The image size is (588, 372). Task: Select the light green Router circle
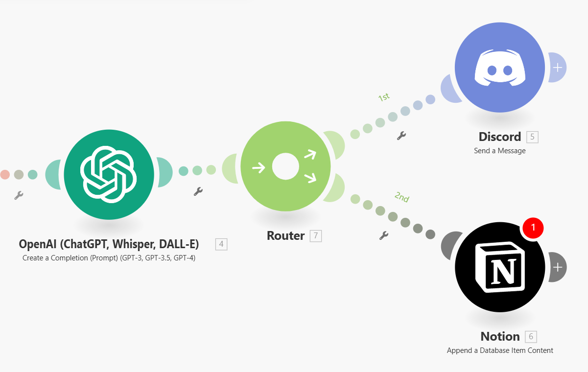click(x=285, y=167)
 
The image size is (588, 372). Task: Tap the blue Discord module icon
click(x=499, y=68)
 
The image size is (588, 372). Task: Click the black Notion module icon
click(x=499, y=267)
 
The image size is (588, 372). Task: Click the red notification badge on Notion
click(x=533, y=227)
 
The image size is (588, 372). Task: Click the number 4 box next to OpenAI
click(x=221, y=244)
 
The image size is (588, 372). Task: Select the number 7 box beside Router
click(x=316, y=236)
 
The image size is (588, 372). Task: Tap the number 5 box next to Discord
click(x=532, y=137)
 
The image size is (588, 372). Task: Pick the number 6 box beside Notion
click(x=531, y=337)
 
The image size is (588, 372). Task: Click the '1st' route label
click(x=384, y=97)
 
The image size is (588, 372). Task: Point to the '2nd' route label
click(x=401, y=197)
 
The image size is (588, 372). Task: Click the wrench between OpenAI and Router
click(x=198, y=191)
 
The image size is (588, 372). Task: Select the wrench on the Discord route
click(x=401, y=136)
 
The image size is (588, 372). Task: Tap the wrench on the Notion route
click(x=384, y=235)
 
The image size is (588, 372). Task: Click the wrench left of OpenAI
click(x=19, y=195)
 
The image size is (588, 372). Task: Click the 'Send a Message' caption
click(x=499, y=151)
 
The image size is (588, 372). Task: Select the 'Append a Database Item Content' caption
click(x=499, y=350)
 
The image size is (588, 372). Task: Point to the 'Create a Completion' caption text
click(x=109, y=257)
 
